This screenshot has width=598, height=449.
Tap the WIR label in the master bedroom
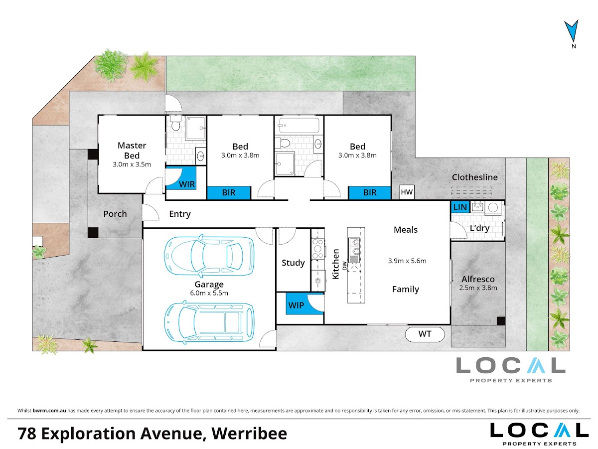(x=187, y=184)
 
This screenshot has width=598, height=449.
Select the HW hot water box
(x=407, y=192)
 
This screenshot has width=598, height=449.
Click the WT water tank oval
(x=425, y=334)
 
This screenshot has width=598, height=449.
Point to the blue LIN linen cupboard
(x=460, y=207)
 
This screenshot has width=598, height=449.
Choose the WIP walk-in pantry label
(x=296, y=305)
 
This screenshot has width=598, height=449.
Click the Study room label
(x=293, y=263)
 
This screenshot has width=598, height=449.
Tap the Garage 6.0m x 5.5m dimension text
(x=209, y=293)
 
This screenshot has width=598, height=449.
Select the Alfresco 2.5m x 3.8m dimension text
(x=478, y=288)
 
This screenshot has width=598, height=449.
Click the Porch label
(x=115, y=214)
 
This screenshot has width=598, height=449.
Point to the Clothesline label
(x=474, y=177)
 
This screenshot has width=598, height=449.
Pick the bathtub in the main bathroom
(x=299, y=125)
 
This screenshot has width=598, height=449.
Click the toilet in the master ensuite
(x=175, y=123)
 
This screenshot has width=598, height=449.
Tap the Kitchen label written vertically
(x=336, y=264)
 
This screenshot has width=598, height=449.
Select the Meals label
(x=405, y=230)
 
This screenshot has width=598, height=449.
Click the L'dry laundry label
(x=479, y=228)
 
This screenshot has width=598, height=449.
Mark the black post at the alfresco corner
(x=501, y=320)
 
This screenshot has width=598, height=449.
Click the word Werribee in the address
(x=249, y=433)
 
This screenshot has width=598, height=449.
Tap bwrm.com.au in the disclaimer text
(x=49, y=411)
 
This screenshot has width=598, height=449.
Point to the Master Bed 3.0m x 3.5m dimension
(x=132, y=164)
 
